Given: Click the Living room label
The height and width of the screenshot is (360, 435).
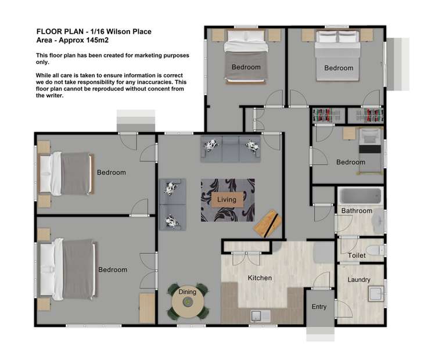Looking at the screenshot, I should coord(227,200).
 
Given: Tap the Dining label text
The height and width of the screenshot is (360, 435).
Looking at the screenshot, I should coord(187,291).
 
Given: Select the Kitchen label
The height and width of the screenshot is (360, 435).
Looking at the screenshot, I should coord(260,278).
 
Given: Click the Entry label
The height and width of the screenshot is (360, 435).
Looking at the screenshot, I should coord(319,307).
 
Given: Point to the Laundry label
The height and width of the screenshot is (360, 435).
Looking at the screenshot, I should coord(359,280).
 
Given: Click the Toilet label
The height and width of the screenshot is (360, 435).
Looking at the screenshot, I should coord(356,255).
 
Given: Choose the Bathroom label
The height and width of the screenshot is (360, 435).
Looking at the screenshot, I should coord(356,211).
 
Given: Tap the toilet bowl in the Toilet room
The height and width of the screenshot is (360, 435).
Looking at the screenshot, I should coord(377,250).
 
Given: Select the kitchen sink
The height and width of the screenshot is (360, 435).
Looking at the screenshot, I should coord(257,316).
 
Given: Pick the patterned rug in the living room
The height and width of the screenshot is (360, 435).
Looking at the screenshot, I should coord(227,200).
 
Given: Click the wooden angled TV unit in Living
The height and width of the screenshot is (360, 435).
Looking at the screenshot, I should coord(267,221).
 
